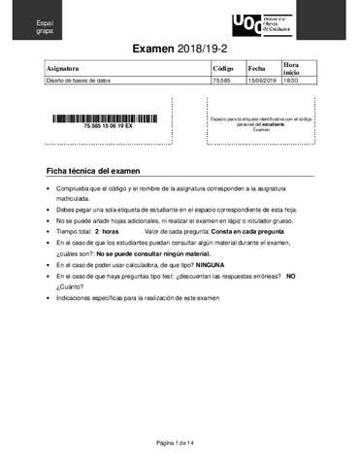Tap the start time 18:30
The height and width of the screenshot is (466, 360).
(290, 81)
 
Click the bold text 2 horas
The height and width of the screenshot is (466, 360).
(108, 232)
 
